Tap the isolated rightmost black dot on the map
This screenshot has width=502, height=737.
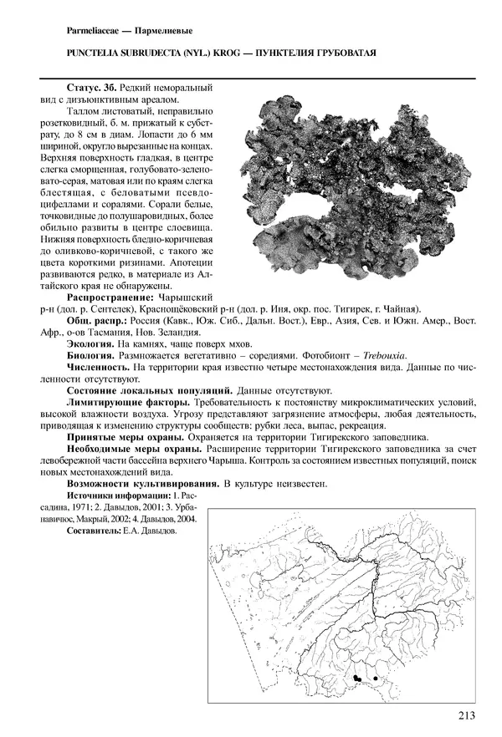pos(376,678)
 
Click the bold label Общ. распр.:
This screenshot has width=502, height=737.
pos(96,321)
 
